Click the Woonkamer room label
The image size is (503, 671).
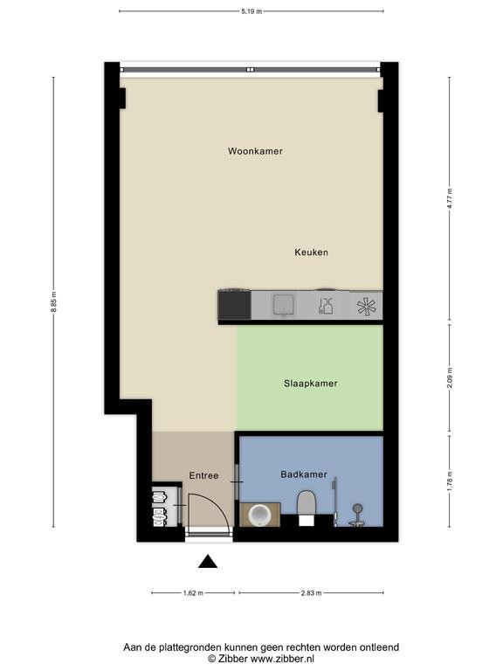click(x=255, y=151)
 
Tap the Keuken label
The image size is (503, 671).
click(x=312, y=252)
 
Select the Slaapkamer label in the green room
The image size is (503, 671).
click(x=311, y=384)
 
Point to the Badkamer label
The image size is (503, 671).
click(x=304, y=474)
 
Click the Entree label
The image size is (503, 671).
click(x=203, y=475)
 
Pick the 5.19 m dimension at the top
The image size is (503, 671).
click(x=251, y=11)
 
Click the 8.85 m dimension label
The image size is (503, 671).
click(x=54, y=301)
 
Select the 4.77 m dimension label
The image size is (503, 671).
click(x=449, y=198)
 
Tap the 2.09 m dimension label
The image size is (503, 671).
click(x=449, y=378)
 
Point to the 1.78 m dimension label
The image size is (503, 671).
click(x=449, y=481)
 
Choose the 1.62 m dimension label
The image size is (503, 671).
click(x=193, y=593)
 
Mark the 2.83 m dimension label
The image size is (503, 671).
click(x=311, y=593)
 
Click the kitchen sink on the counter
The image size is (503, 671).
click(x=284, y=305)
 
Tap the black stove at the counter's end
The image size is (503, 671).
click(x=234, y=305)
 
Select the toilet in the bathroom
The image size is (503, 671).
click(x=307, y=508)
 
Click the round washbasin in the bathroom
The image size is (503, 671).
click(x=259, y=515)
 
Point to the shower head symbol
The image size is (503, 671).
click(x=357, y=508)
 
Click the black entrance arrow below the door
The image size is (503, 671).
click(x=208, y=562)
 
